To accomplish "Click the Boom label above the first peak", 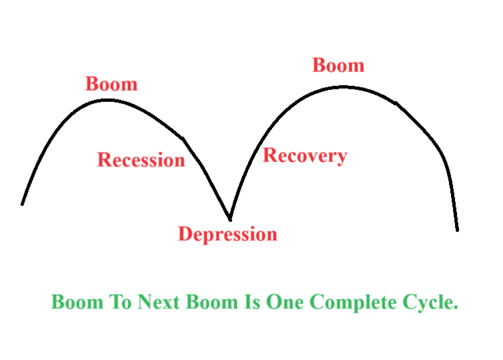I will click(111, 85).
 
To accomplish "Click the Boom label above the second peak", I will click(338, 65).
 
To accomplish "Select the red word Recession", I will click(141, 160).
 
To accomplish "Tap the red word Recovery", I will click(305, 155).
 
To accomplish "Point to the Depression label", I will click(227, 234).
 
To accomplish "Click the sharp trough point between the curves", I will click(229, 219).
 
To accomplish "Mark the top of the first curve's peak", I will click(107, 100).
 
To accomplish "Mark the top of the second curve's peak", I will click(342, 86).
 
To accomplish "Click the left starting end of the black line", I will click(23, 203).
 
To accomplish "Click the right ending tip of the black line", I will click(457, 229).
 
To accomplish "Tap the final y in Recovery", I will click(342, 157).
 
